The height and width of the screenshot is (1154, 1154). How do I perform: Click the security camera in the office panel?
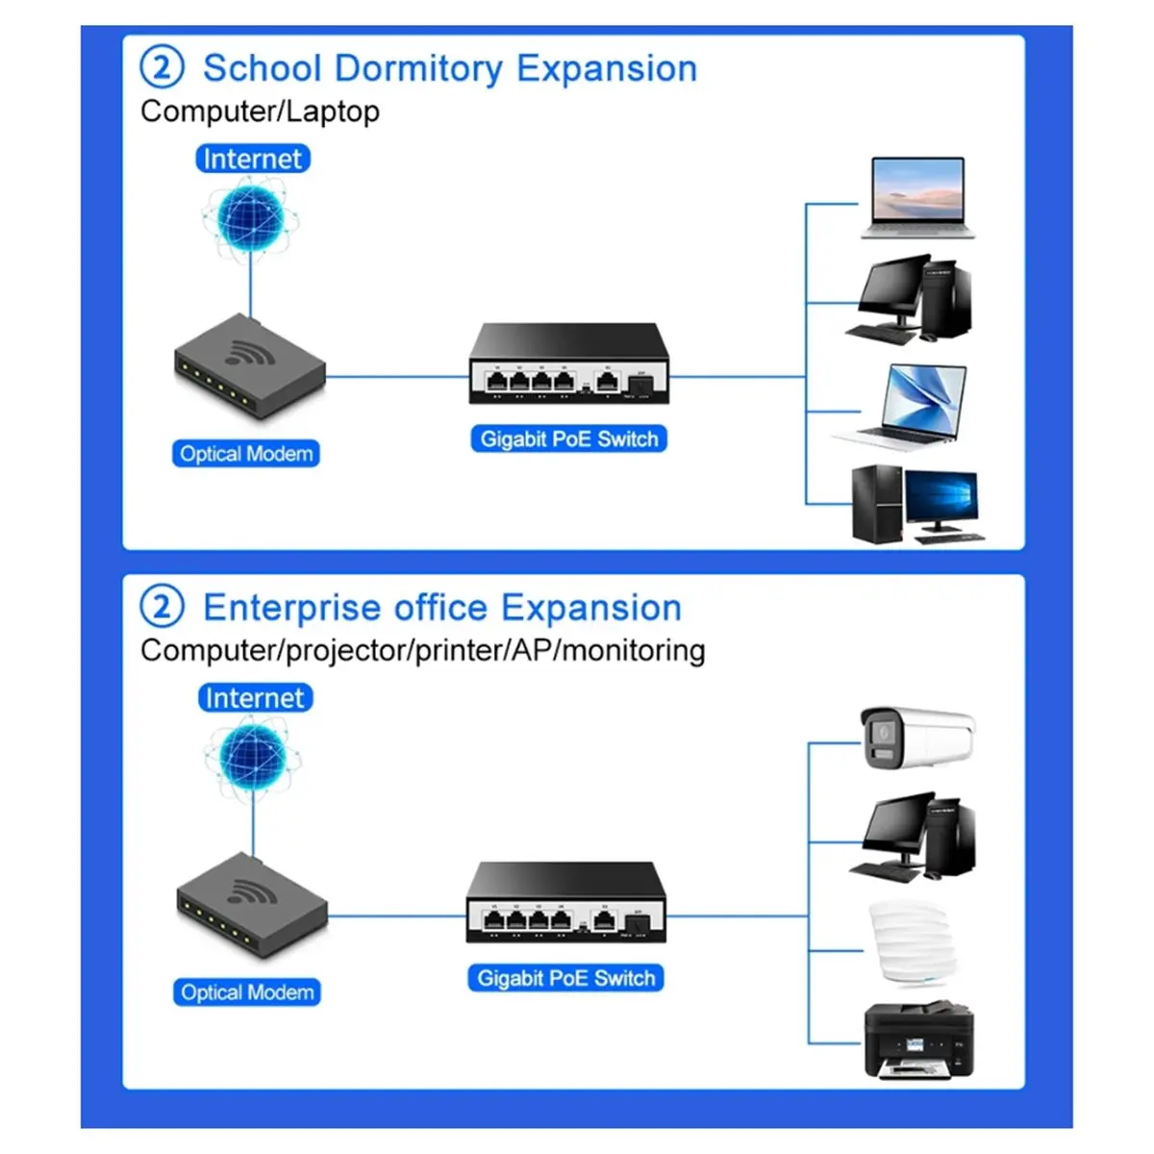pyautogui.click(x=917, y=739)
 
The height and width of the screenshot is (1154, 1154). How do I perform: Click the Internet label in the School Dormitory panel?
pyautogui.click(x=253, y=159)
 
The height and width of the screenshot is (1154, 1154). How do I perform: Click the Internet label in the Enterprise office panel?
pyautogui.click(x=255, y=697)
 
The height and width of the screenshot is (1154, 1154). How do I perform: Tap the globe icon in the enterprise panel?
pyautogui.click(x=253, y=758)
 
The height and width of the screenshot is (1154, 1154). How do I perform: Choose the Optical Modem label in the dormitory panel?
pyautogui.click(x=246, y=453)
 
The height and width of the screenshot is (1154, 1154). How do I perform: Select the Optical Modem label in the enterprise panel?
pyautogui.click(x=247, y=992)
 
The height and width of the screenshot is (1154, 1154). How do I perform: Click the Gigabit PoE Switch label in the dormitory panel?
pyautogui.click(x=569, y=439)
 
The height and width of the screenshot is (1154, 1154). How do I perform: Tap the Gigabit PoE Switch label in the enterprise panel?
pyautogui.click(x=565, y=978)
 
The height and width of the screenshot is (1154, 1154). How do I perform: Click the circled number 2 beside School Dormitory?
pyautogui.click(x=162, y=67)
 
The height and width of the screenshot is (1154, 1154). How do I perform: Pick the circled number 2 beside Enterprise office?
pyautogui.click(x=162, y=606)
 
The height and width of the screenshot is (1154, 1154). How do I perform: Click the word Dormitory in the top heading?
pyautogui.click(x=418, y=69)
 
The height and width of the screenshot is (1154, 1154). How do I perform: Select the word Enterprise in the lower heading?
pyautogui.click(x=291, y=609)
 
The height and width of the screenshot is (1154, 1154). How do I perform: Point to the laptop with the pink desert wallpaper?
pyautogui.click(x=918, y=198)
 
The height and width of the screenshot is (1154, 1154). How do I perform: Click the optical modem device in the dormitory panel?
pyautogui.click(x=250, y=365)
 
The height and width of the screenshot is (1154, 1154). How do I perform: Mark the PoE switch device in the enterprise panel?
pyautogui.click(x=565, y=902)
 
